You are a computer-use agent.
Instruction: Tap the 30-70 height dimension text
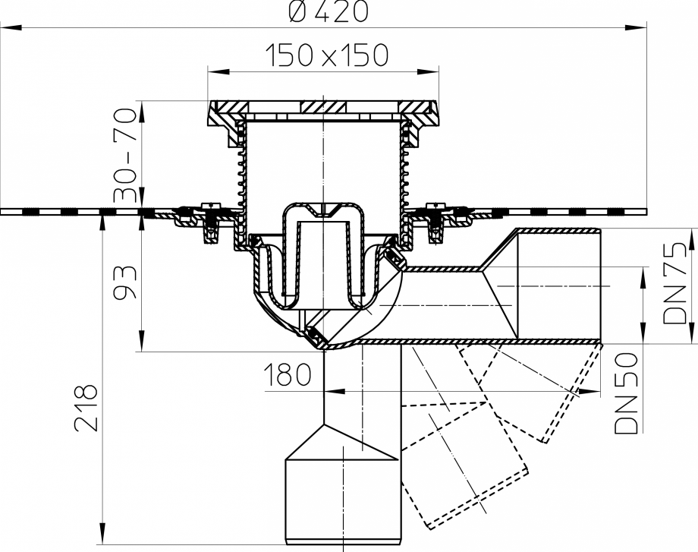(125, 156)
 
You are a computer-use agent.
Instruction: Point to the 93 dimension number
(125, 282)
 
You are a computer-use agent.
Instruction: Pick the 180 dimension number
(288, 374)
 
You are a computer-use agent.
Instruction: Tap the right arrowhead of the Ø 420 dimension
(641, 27)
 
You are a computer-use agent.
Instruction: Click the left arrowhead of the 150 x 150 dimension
(214, 71)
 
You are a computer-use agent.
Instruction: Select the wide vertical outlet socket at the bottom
(341, 494)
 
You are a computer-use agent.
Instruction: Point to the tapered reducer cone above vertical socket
(341, 440)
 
